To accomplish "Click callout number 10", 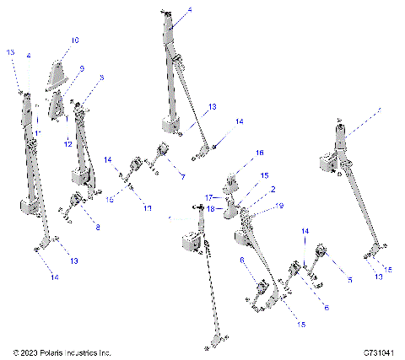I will tap(75, 40).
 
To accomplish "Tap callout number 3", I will tap(101, 77).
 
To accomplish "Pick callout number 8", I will tap(97, 227).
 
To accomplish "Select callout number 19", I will tap(279, 206).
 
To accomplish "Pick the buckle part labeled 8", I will tap(78, 201).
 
